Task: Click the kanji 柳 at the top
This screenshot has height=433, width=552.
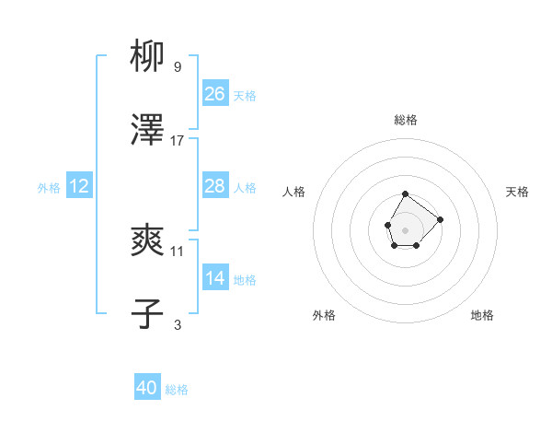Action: (148, 58)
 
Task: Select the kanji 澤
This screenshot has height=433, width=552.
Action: (148, 132)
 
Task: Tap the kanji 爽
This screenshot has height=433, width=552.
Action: (148, 241)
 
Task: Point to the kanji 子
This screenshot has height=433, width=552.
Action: (148, 314)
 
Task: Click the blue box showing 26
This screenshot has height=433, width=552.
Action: (214, 94)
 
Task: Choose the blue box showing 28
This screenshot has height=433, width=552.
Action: (214, 186)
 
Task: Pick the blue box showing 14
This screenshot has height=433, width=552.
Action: (214, 278)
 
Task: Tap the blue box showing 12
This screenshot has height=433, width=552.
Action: (79, 186)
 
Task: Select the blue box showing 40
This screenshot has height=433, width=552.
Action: (147, 388)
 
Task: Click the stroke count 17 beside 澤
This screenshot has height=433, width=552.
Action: (178, 141)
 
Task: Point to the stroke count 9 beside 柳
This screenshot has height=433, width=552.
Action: (178, 67)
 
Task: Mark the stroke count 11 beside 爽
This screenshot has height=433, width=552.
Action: (178, 251)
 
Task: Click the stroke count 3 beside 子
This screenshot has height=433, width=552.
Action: (178, 324)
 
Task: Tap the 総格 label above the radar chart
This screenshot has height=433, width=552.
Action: (406, 120)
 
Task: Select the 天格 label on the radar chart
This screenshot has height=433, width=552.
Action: (517, 192)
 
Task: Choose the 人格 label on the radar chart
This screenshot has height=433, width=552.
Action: (294, 192)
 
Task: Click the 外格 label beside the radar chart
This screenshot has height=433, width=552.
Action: (324, 315)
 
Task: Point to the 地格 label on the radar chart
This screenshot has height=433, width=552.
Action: (482, 315)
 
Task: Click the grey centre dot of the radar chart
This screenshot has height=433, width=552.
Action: (406, 228)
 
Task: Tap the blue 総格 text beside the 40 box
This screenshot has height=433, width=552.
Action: (177, 389)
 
